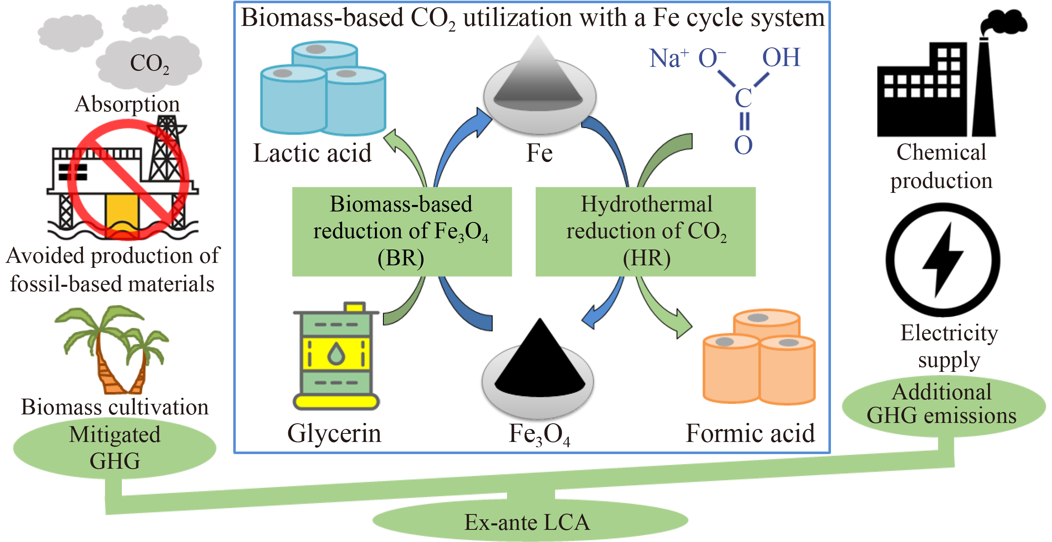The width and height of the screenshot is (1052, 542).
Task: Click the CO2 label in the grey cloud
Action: (x=149, y=64)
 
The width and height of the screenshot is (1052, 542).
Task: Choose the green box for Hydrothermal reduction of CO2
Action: (x=645, y=232)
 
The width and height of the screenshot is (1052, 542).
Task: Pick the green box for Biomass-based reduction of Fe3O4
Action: (x=402, y=232)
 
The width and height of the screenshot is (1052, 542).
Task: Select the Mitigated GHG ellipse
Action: (x=115, y=448)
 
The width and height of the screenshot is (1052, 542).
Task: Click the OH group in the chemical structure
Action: (x=781, y=58)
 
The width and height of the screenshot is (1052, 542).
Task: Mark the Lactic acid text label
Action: (x=313, y=153)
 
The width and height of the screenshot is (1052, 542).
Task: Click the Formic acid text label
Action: (x=750, y=433)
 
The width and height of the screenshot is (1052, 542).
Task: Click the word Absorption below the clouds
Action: (x=127, y=104)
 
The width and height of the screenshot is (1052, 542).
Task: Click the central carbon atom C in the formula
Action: (x=743, y=98)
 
